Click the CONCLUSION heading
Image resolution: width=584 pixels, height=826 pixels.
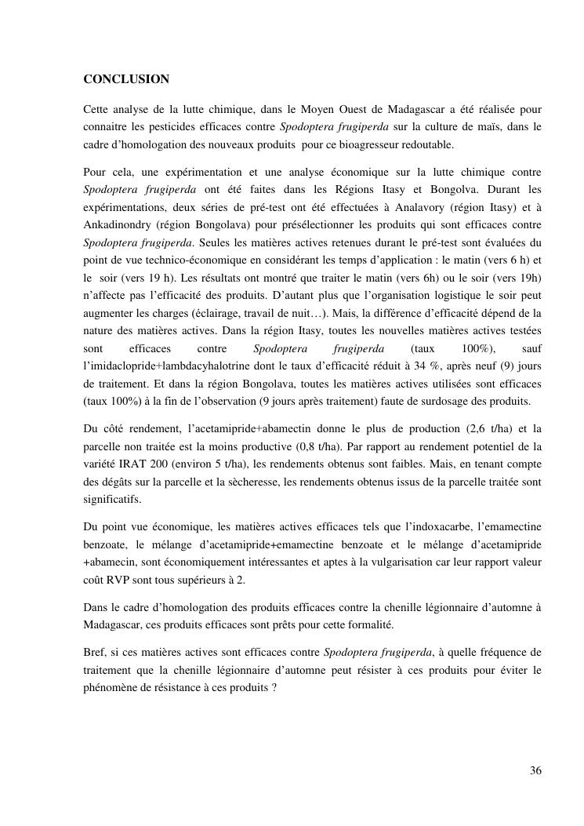click(126, 79)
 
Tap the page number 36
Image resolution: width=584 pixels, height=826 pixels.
click(535, 770)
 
